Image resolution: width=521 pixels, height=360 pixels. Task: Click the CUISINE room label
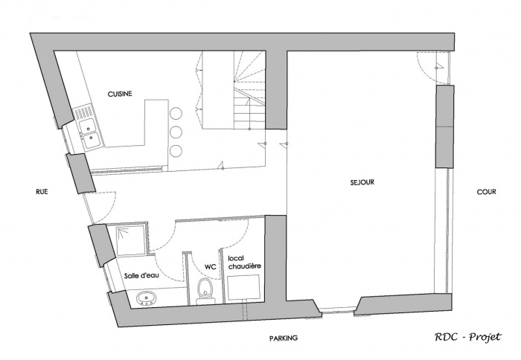click(120, 94)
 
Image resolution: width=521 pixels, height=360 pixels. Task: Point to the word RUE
click(42, 191)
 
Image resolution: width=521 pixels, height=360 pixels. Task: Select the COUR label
click(486, 191)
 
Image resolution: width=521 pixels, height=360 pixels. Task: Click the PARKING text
click(284, 338)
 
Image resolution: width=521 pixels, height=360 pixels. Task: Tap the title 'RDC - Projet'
click(468, 336)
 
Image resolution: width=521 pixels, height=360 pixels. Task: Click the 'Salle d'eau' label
click(142, 274)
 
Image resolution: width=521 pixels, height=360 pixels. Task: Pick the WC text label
click(209, 265)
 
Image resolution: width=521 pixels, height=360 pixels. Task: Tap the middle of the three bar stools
click(176, 132)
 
